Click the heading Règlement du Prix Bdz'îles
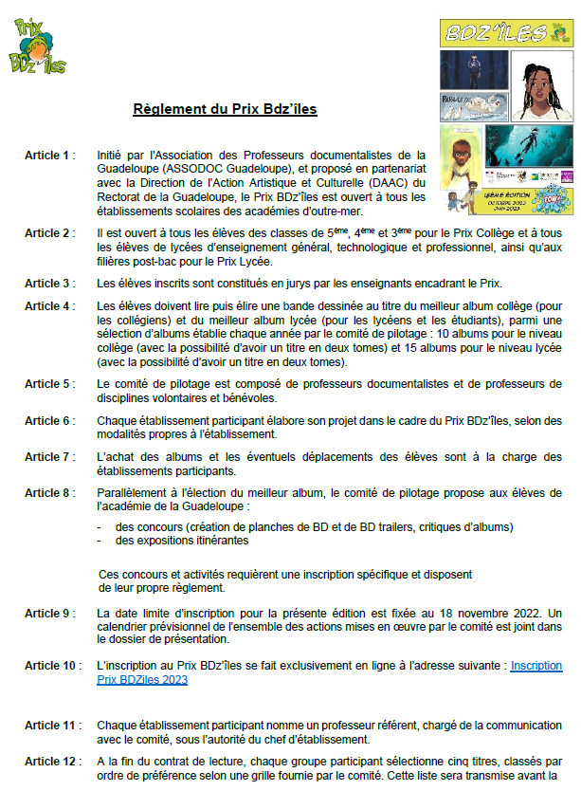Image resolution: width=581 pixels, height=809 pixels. point(225,109)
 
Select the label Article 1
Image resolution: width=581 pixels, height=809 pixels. point(49,154)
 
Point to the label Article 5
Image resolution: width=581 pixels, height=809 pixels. point(49,384)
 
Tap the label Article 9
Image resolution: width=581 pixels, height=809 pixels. point(49,613)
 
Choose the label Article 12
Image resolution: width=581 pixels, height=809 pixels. point(52,762)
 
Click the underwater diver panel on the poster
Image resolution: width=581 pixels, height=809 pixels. point(528,147)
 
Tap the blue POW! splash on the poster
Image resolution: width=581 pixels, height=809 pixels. point(552,200)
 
